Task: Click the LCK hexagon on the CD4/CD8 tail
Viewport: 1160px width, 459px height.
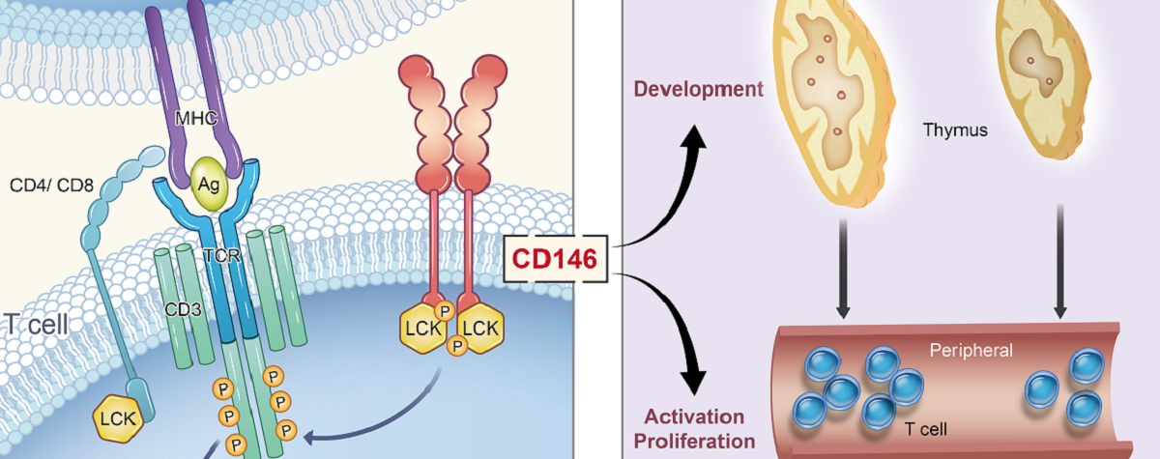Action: pos(117,418)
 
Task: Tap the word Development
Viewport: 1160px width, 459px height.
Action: pos(699,90)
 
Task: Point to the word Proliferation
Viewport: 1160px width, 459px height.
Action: pos(698,442)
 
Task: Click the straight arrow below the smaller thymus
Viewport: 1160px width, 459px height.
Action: pos(1059,260)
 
